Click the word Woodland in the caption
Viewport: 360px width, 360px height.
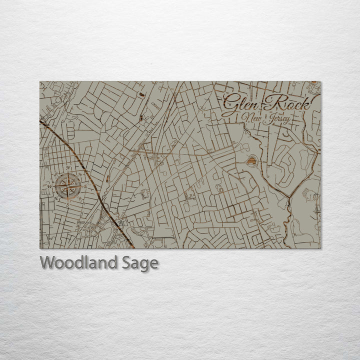point(78,262)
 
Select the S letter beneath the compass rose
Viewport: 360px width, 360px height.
point(67,204)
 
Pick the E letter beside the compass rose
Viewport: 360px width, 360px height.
point(85,186)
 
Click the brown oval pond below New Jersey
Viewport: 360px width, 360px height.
point(251,160)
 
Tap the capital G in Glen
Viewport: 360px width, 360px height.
point(231,104)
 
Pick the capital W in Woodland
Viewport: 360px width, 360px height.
point(48,262)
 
